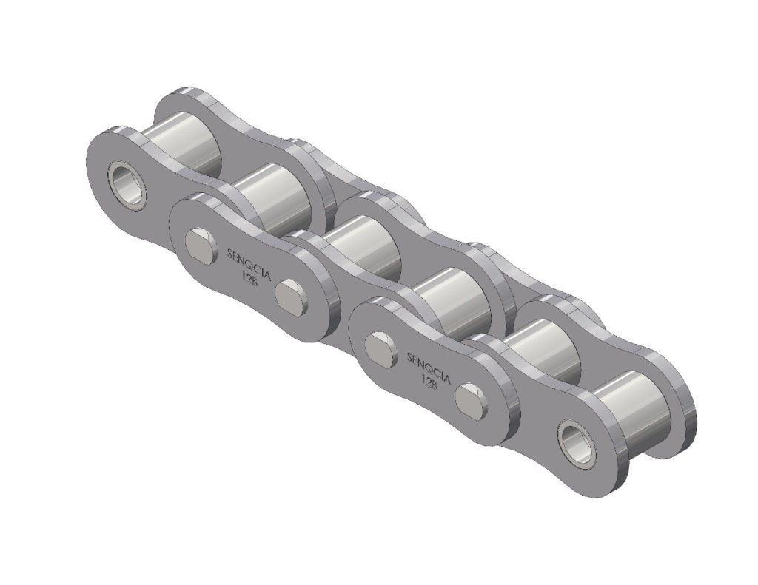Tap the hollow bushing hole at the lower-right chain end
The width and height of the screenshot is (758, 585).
coord(577,442)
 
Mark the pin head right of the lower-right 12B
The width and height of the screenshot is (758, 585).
coord(472,400)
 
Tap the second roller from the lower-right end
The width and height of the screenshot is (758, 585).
coord(545,348)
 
